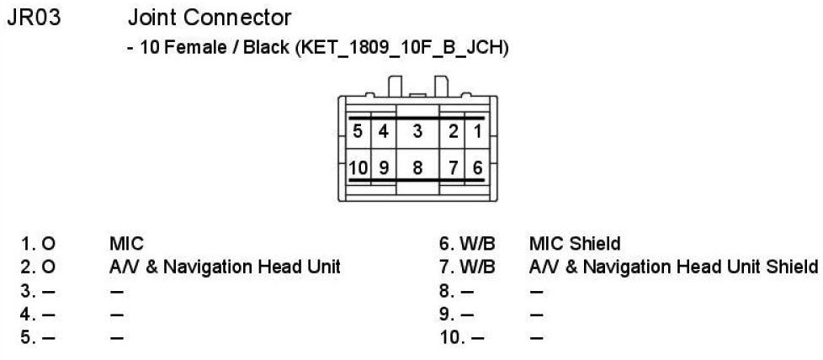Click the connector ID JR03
tap(34, 18)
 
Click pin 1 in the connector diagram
tap(476, 132)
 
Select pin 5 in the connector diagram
tap(358, 132)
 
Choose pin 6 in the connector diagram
tap(476, 167)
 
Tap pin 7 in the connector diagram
tap(453, 167)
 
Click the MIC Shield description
tap(574, 245)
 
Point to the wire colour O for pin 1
tap(48, 245)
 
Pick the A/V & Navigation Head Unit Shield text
tap(673, 268)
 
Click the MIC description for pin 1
tap(126, 245)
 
